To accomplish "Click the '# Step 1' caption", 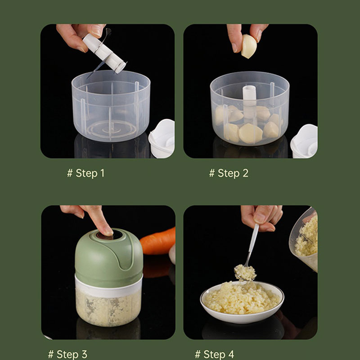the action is pos(85,173).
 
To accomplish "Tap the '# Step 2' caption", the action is pos(229,173).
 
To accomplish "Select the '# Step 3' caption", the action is pos(68,354).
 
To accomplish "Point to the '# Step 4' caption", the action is pos(215,354).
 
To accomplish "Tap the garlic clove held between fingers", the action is pos(249,46).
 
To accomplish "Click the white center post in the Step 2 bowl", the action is pos(249,102).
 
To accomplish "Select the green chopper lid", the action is pos(109,257).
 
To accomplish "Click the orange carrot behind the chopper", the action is pos(158,242).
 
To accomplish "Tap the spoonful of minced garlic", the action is pos(245,273).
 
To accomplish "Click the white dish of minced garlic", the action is pos(242,301).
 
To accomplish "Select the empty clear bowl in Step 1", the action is pos(111,106).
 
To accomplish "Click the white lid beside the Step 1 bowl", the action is pos(162,139).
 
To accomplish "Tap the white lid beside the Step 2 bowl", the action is pos(304,141).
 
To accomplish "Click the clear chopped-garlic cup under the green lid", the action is pos(108,307).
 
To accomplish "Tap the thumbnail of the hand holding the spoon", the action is pos(260,218).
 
